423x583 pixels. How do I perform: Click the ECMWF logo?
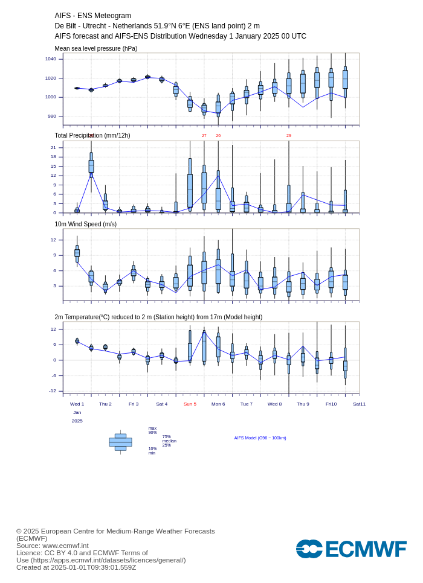(x=351, y=549)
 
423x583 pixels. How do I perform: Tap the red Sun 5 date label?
(x=190, y=404)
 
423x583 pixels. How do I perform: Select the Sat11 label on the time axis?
(x=360, y=404)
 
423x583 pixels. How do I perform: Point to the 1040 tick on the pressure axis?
(x=51, y=59)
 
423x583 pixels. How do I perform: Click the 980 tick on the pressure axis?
(x=52, y=116)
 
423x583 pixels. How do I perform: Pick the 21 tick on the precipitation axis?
(x=54, y=148)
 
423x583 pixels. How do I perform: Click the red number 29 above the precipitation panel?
(x=289, y=136)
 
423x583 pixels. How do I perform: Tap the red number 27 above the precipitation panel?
(x=204, y=136)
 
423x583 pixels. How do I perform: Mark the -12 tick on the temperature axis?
(x=53, y=390)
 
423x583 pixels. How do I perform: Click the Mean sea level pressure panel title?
(x=96, y=49)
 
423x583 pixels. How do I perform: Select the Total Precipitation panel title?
(x=92, y=135)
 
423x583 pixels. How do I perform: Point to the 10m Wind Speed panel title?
(x=86, y=224)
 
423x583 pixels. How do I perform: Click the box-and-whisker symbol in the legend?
(x=121, y=442)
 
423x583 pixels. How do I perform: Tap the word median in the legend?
(x=169, y=441)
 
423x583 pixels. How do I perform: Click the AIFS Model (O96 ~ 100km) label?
(x=260, y=438)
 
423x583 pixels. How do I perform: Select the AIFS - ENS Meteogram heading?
(x=92, y=16)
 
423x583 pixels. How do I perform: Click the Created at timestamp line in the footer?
(x=76, y=567)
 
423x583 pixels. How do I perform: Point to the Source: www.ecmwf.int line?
(x=53, y=546)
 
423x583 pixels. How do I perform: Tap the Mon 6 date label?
(x=218, y=404)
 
